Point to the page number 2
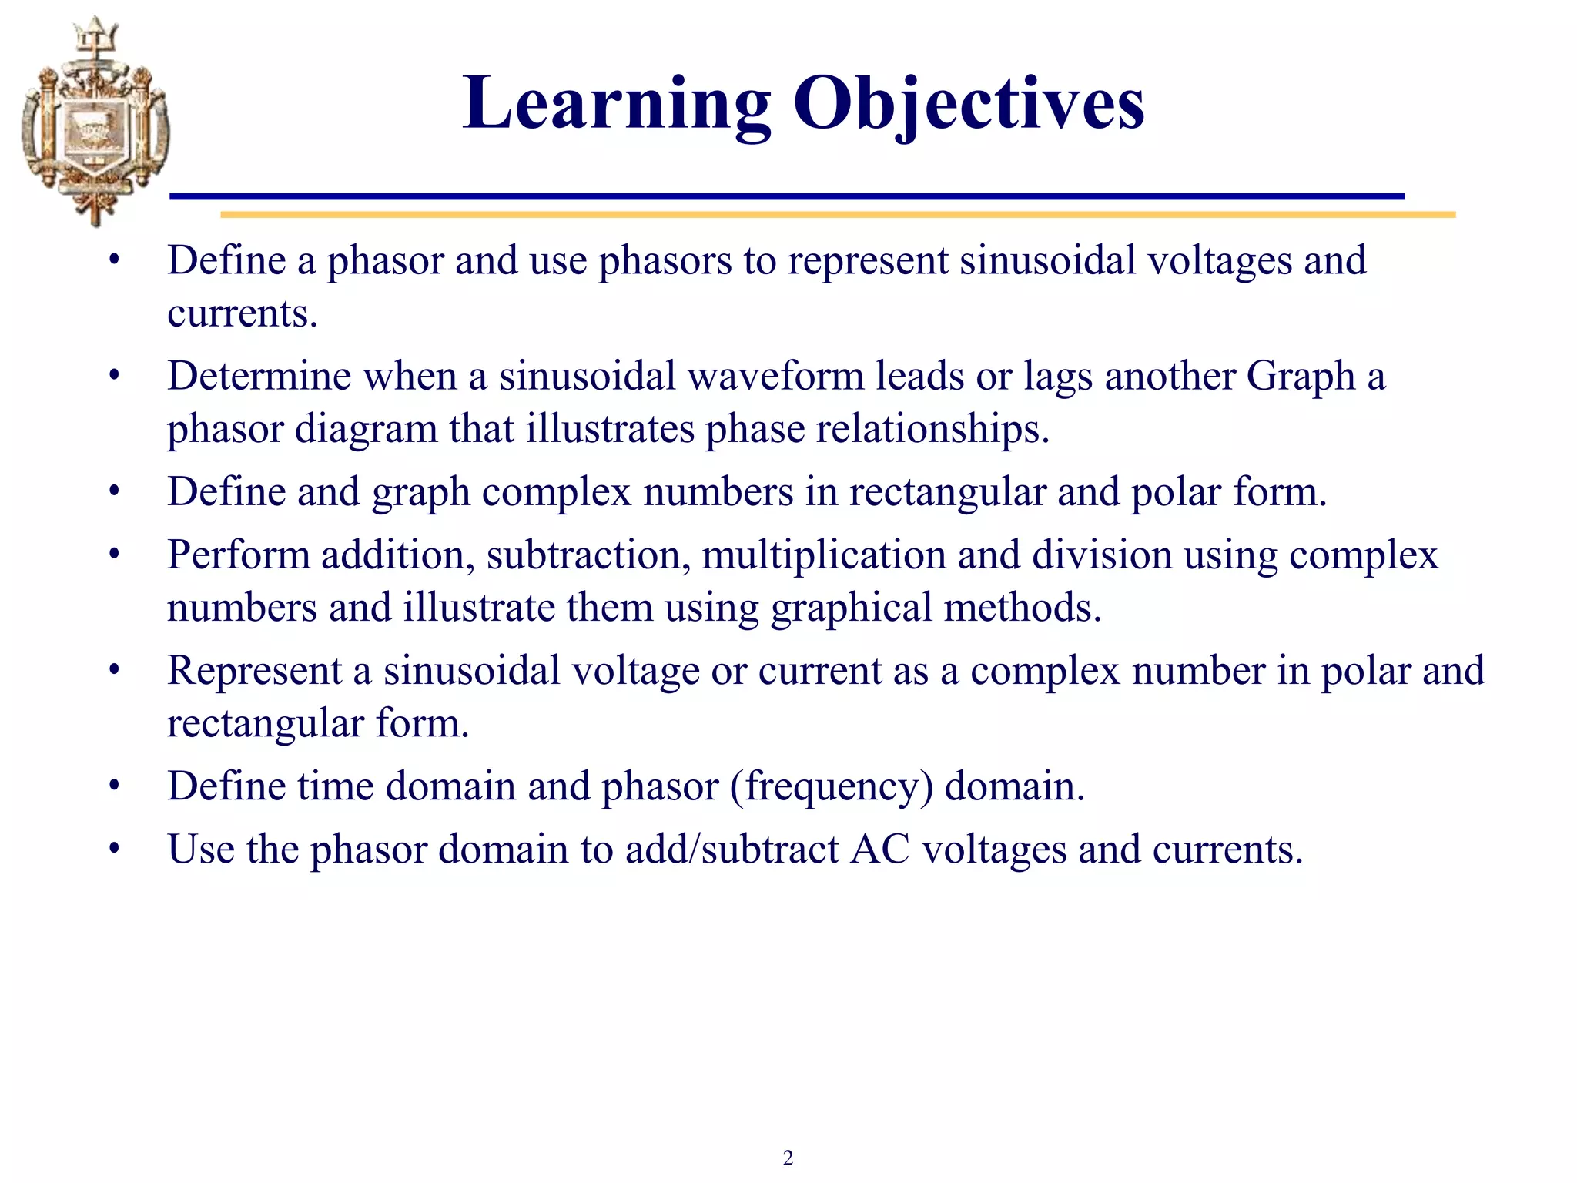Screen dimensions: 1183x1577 coord(788,1158)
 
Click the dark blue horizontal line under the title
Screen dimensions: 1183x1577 coord(785,196)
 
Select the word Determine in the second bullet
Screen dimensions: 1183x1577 coord(259,376)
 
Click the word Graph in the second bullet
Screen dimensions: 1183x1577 coord(1300,377)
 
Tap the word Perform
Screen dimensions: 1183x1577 coord(238,555)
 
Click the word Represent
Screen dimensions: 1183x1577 coord(254,671)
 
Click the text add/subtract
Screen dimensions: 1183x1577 coord(732,850)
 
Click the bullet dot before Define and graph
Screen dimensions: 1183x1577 coord(115,491)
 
